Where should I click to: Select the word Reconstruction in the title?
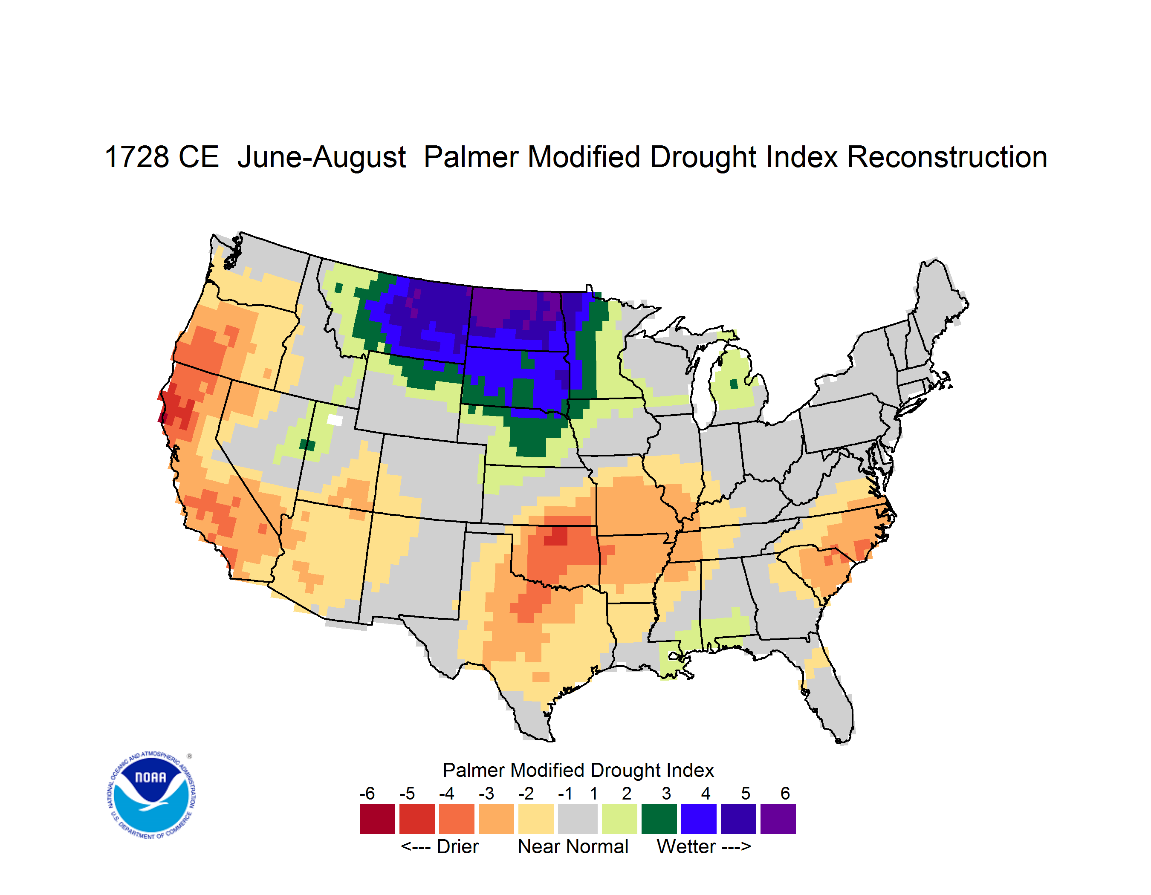947,157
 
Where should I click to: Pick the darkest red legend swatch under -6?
377,819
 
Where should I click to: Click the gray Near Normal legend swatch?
578,819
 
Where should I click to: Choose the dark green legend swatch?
659,819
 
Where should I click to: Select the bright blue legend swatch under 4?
698,819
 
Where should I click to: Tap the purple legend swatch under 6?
778,819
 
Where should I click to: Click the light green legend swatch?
619,819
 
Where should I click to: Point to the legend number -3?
486,793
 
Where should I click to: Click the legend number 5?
745,793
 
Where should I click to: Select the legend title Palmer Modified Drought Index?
578,770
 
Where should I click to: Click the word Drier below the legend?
457,846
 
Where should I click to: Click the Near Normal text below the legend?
573,846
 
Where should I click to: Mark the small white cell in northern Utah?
335,420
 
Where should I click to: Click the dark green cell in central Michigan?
733,384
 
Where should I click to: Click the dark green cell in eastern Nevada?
307,445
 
